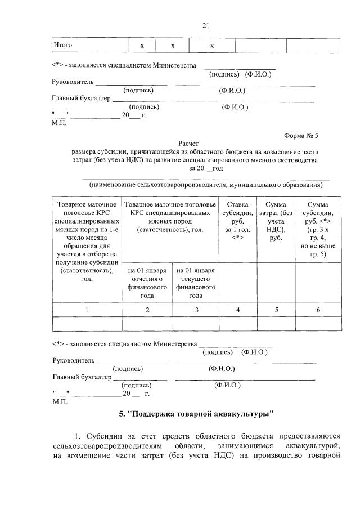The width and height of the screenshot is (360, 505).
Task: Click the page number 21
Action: click(x=206, y=25)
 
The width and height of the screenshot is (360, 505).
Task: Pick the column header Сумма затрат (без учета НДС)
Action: click(x=276, y=221)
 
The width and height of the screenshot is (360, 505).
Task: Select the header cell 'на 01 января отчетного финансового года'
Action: click(x=147, y=283)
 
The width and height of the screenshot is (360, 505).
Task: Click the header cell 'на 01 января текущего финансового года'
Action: click(x=195, y=283)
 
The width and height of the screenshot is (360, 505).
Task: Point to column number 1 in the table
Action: click(x=87, y=309)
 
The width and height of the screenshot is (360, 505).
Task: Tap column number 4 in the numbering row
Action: click(x=237, y=309)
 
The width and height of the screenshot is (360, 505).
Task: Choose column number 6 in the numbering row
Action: click(x=318, y=309)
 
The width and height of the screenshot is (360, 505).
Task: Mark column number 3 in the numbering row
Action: click(x=195, y=309)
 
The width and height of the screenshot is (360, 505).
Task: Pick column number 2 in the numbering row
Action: click(x=147, y=309)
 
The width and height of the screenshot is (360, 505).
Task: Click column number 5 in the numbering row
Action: click(x=276, y=309)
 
